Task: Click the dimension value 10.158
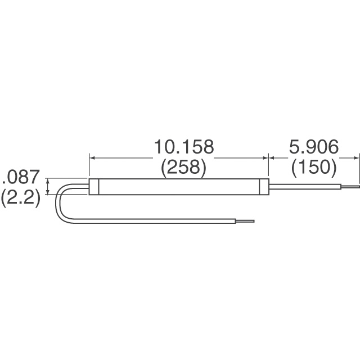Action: point(184,147)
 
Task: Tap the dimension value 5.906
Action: point(313,147)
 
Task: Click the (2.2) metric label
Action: point(20,199)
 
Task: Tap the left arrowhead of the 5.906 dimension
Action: point(273,158)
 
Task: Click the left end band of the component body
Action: point(94,187)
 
